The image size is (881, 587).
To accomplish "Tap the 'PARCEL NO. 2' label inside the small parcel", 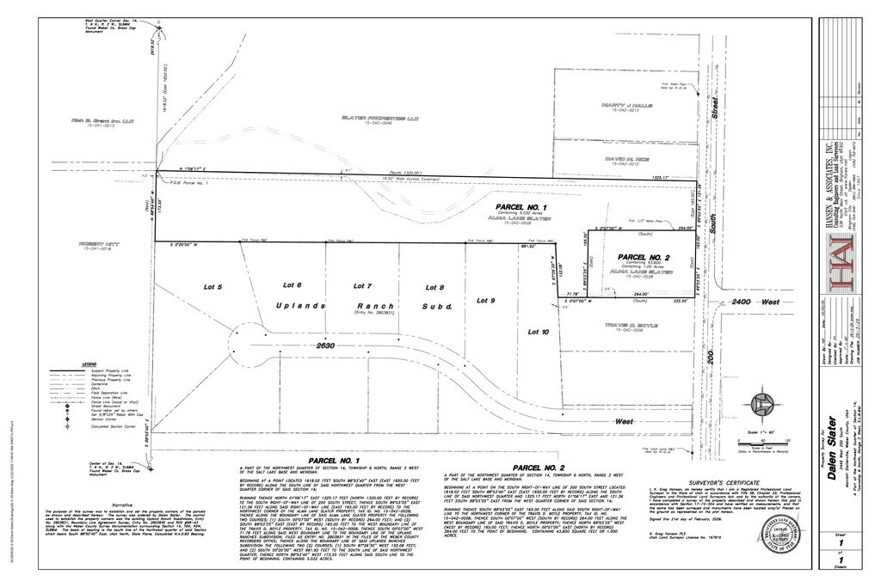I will tap(644, 257).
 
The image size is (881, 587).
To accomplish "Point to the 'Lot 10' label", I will tap(538, 331).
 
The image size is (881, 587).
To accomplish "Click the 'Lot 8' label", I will tap(435, 286).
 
